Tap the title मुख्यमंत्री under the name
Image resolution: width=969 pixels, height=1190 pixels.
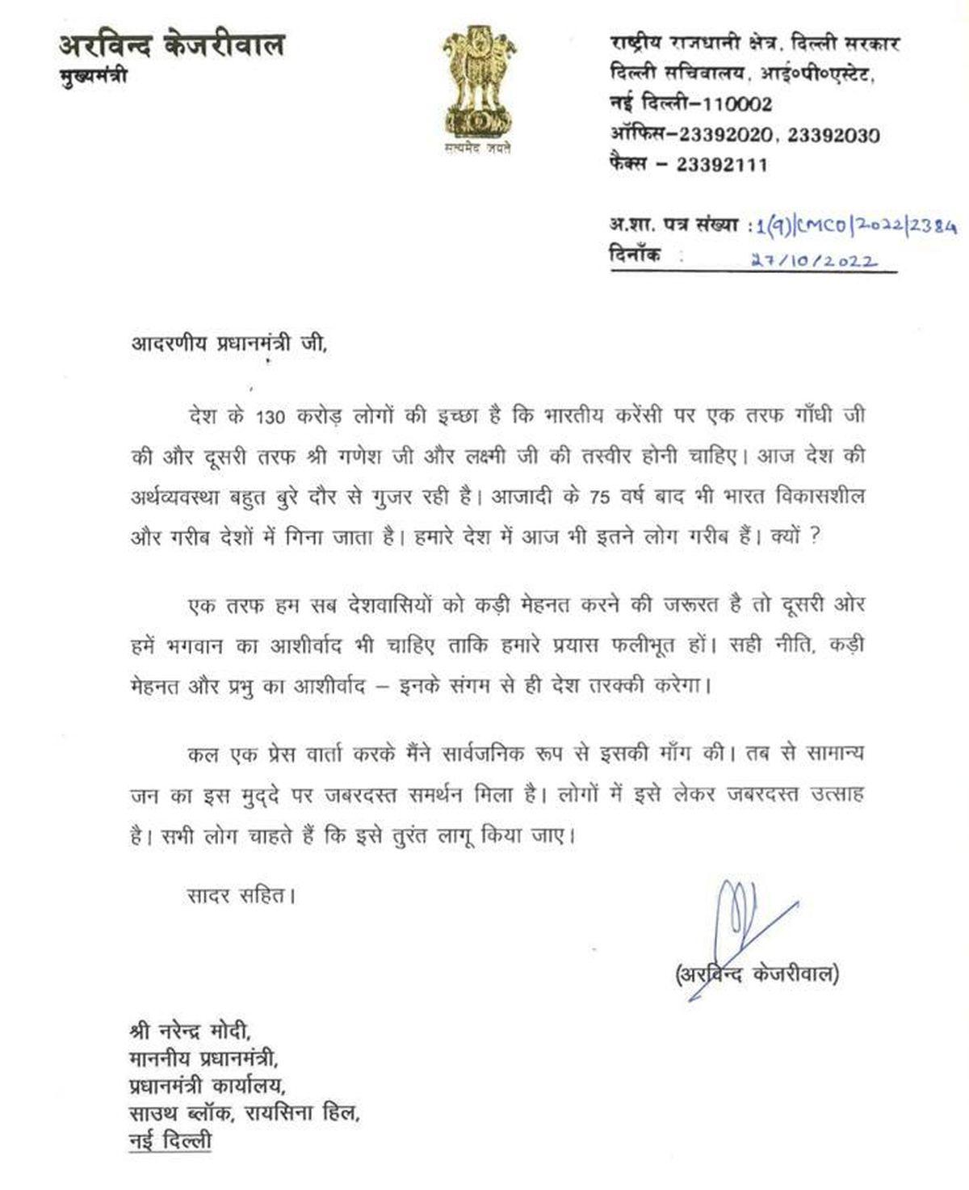coord(94,77)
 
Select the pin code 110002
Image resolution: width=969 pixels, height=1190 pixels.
coord(727,104)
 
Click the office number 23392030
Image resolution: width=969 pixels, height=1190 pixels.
coord(833,135)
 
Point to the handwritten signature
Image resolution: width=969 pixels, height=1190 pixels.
coord(743,917)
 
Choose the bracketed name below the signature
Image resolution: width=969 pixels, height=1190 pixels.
coord(756,974)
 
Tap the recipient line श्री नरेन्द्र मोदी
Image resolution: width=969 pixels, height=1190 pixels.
coord(191,1032)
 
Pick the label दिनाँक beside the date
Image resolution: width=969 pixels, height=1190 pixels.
coord(635,254)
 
